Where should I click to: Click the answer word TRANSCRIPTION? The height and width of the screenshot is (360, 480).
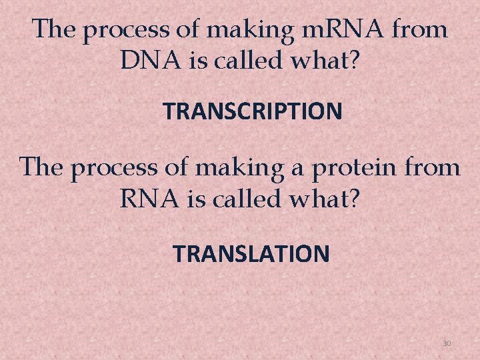(253, 111)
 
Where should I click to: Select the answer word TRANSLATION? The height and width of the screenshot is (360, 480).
(251, 253)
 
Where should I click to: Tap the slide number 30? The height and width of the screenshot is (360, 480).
(447, 343)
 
